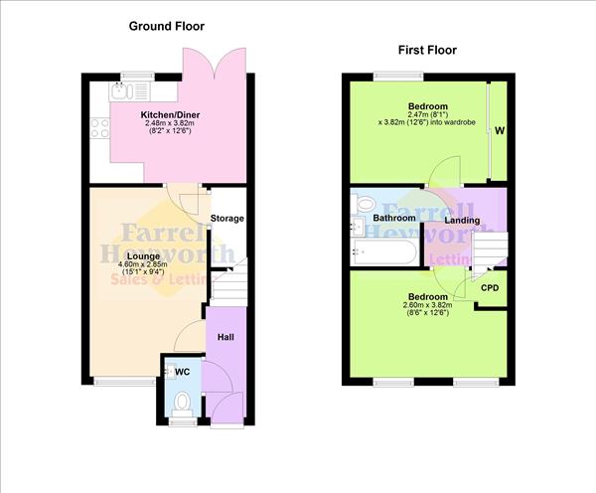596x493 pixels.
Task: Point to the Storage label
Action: click(x=227, y=219)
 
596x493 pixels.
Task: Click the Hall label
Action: click(x=225, y=338)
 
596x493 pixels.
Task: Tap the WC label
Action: click(x=182, y=372)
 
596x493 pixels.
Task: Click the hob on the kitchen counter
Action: click(x=99, y=126)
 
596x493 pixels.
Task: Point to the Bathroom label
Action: click(x=393, y=218)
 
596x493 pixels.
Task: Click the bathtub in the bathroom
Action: click(x=383, y=252)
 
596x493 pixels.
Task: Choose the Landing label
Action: click(x=462, y=221)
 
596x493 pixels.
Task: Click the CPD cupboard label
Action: click(x=489, y=288)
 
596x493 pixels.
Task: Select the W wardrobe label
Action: click(x=499, y=129)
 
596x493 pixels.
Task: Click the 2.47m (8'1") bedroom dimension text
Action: click(x=427, y=117)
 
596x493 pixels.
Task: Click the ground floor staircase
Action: click(x=227, y=285)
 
